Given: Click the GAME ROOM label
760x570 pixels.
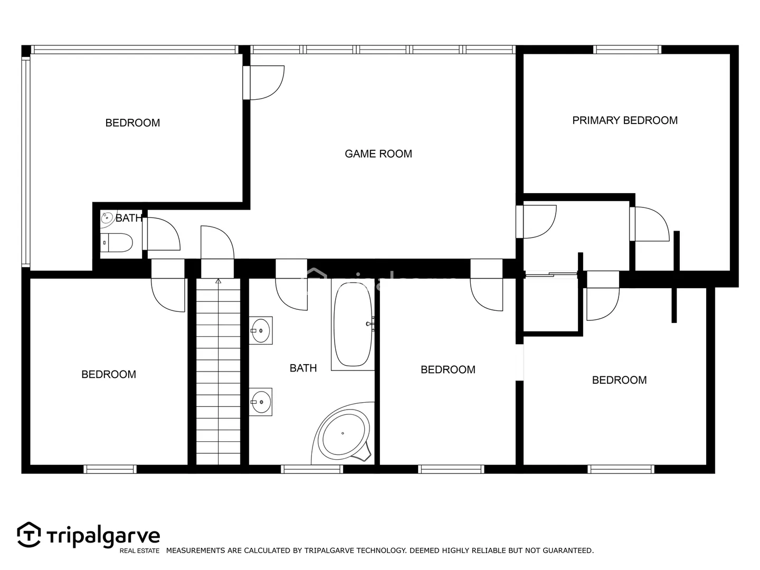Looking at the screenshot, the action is coord(378,154).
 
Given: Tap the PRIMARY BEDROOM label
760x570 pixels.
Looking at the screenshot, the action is coord(624,120).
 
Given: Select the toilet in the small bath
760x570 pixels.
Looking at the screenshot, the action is coord(116,242).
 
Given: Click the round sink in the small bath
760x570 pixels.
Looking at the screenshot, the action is coord(107,218).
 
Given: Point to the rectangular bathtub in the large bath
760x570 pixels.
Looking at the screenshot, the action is coord(353,324).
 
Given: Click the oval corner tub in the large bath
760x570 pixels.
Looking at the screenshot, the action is coord(343,433).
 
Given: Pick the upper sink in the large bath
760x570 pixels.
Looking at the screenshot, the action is coord(260,330).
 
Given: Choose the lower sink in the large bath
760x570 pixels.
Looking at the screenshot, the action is coord(260,402).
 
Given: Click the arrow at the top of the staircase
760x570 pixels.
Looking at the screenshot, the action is coord(218,281).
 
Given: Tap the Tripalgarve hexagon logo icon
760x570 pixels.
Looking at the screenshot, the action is coord(29,535).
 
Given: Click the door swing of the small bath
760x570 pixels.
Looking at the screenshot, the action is coord(161,234).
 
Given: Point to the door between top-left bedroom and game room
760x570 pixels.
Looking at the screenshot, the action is coord(263,83).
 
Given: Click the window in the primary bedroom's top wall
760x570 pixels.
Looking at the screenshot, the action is coord(627,50).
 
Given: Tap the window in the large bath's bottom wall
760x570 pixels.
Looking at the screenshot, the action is coord(311,469).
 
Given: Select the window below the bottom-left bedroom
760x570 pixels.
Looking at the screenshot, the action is coord(110,469).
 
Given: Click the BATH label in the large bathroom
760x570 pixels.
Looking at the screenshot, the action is coord(303,368).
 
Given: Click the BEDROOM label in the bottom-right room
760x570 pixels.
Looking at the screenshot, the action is coord(619,380).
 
